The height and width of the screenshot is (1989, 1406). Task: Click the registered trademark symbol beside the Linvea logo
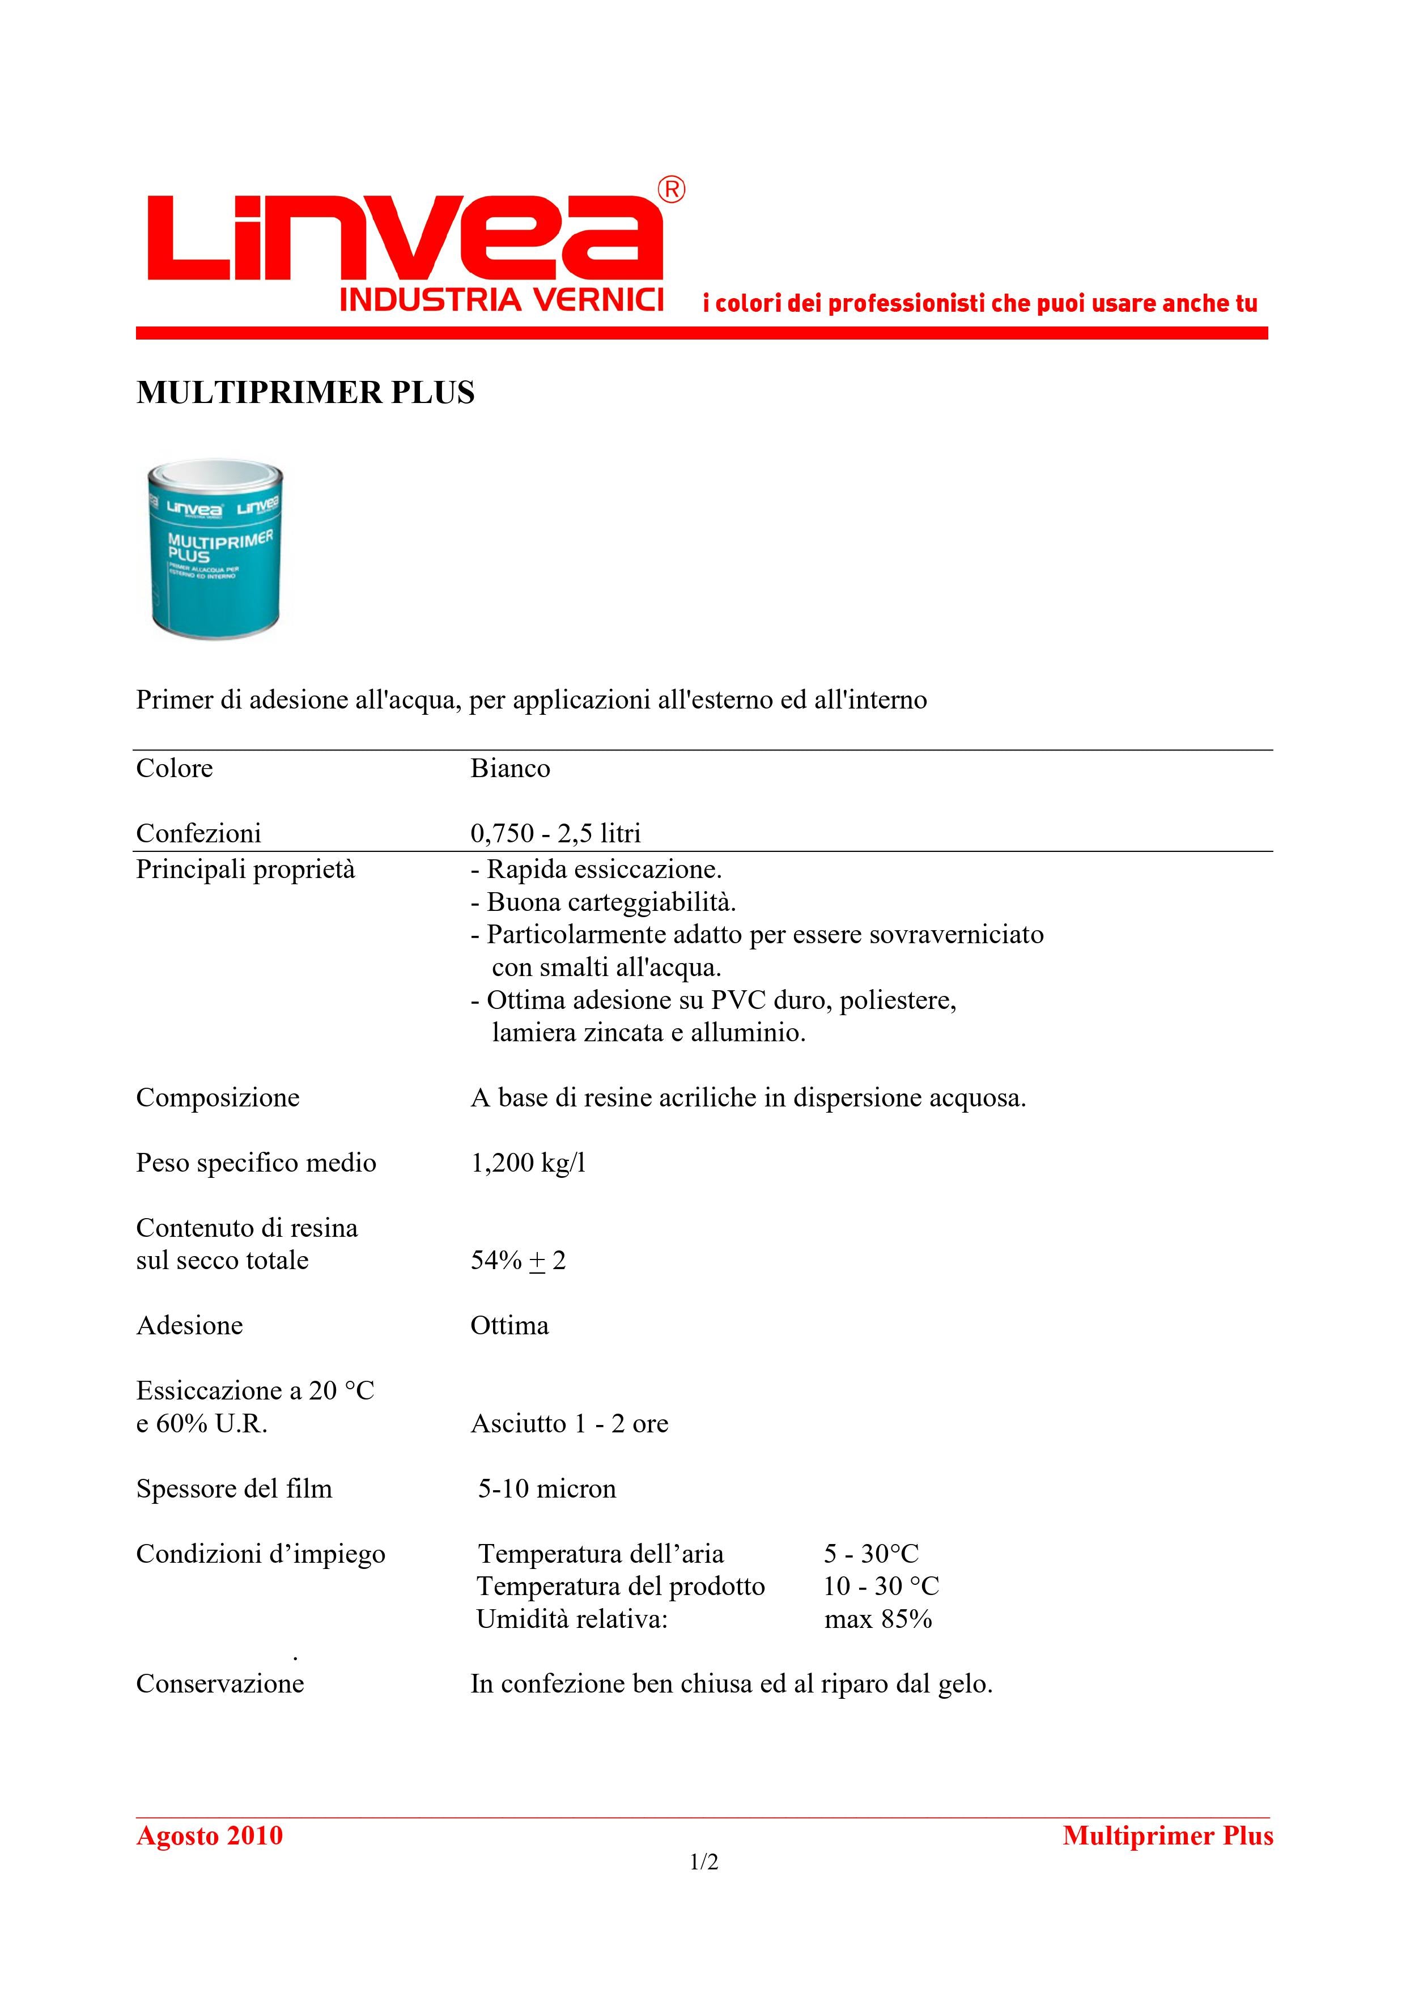672,190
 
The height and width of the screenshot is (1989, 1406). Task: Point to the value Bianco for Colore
510,769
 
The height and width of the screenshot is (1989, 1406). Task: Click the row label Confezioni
198,833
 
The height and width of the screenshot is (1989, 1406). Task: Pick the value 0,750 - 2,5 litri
555,833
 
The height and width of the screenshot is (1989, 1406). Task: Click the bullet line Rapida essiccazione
596,869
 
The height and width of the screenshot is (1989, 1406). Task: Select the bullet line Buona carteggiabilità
603,902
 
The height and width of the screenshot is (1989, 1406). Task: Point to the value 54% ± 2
518,1261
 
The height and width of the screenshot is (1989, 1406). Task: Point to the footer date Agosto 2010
210,1835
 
